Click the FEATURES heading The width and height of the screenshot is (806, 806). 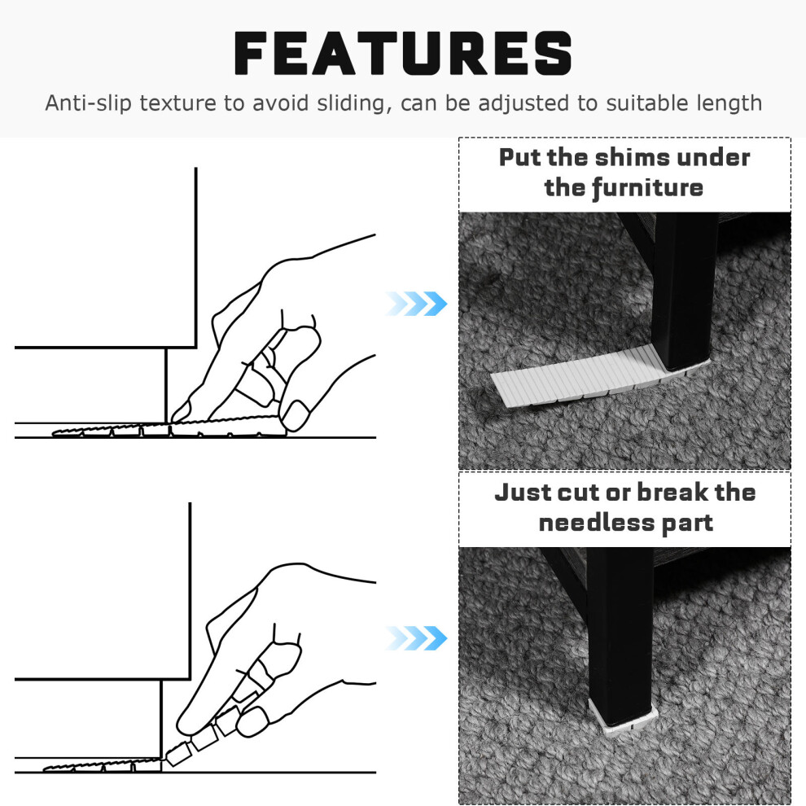pos(403,53)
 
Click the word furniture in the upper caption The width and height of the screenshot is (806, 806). pos(648,187)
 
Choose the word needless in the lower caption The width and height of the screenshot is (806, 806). pos(595,523)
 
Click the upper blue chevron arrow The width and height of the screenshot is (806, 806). pos(416,304)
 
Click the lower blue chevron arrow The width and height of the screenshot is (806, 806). pos(416,638)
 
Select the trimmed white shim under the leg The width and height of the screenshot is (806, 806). pos(623,716)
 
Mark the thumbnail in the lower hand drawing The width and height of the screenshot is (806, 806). pos(252,721)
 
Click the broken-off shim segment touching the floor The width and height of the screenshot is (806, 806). pos(178,754)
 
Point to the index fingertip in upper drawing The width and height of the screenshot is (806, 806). pos(180,412)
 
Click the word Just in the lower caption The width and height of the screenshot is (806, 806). pos(522,492)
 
